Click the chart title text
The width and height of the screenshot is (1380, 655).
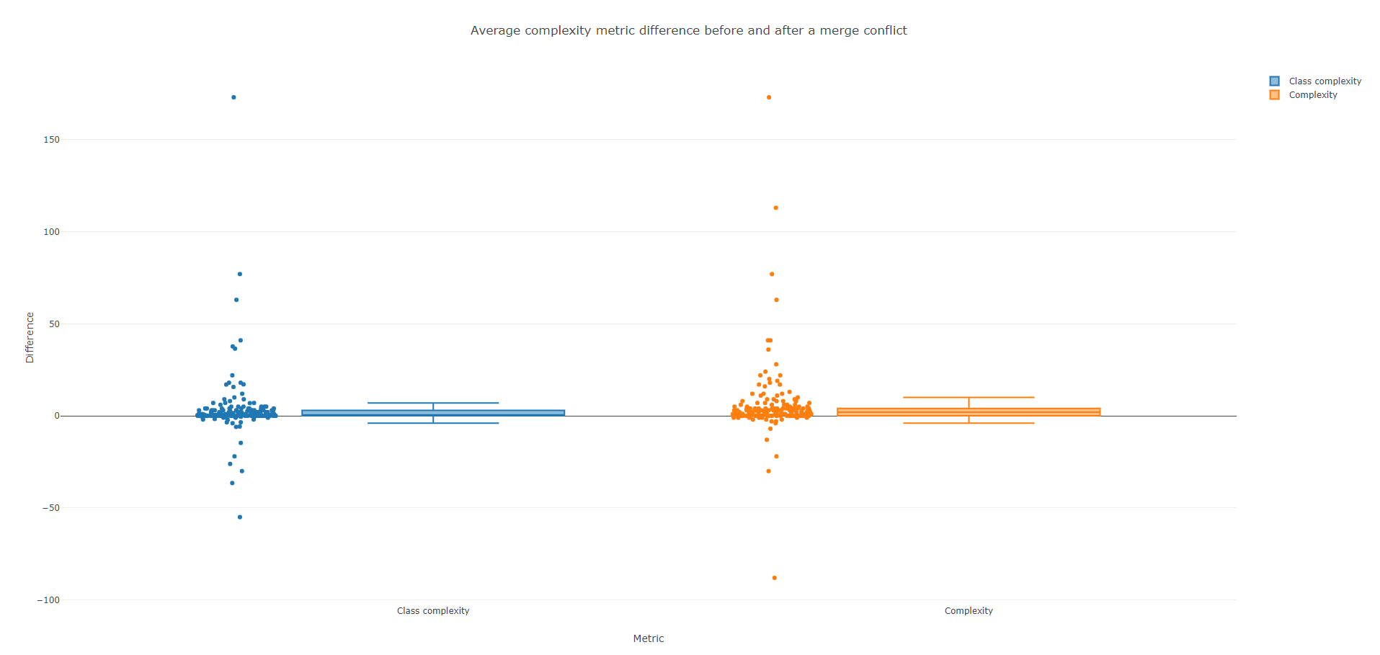tap(688, 30)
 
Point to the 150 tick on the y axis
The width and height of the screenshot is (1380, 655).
tap(52, 140)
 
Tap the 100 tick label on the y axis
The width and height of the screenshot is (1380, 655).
tap(52, 232)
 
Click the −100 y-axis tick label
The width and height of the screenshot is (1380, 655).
tap(49, 600)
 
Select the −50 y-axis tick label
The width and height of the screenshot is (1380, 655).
tap(50, 508)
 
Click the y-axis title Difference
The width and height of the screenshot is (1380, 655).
tap(30, 337)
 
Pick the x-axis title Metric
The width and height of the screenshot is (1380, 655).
tap(649, 638)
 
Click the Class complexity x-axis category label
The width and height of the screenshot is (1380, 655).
tap(433, 611)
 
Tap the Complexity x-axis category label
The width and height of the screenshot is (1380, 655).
tap(969, 611)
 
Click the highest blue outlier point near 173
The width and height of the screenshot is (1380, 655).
tap(233, 97)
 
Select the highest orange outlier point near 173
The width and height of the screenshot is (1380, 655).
tap(769, 97)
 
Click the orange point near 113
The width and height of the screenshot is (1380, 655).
tap(776, 208)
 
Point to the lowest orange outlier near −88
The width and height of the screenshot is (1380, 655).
tap(775, 578)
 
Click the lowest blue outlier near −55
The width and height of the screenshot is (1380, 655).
tap(240, 517)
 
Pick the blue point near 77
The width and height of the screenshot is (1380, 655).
tap(240, 274)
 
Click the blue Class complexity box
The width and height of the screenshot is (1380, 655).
tap(433, 413)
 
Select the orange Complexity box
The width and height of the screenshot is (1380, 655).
tap(969, 411)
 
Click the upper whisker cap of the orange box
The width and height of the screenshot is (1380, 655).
tap(969, 397)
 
